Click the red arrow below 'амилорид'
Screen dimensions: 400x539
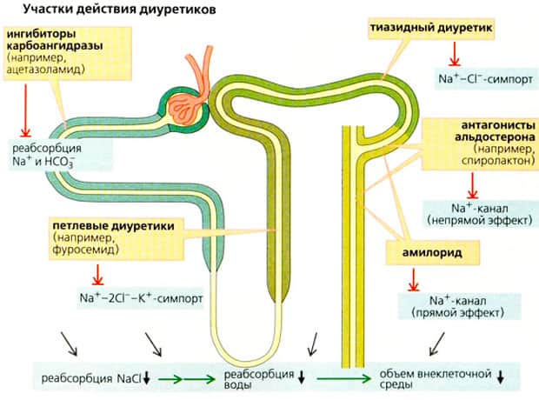click(x=412, y=279)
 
